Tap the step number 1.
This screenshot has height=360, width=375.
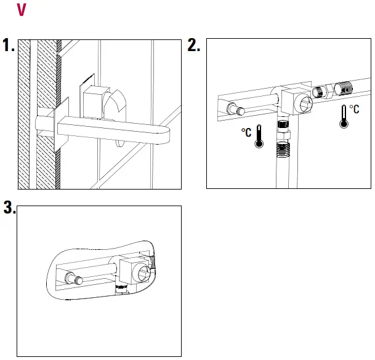pyautogui.click(x=9, y=46)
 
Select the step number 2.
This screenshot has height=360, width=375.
pyautogui.click(x=193, y=46)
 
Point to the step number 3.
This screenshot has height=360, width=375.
pyautogui.click(x=9, y=208)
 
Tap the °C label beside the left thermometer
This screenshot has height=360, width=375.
pyautogui.click(x=246, y=133)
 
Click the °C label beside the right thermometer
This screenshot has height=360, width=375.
pyautogui.click(x=354, y=110)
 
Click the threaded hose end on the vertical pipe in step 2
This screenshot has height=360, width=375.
pyautogui.click(x=282, y=149)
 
